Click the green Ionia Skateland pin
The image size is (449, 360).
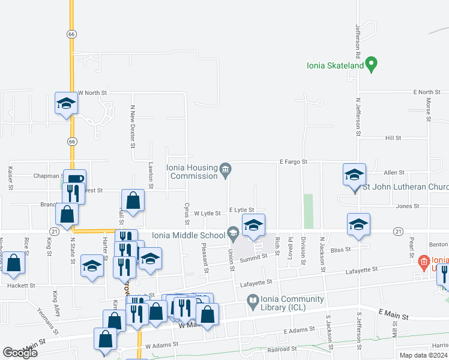click(x=372, y=64)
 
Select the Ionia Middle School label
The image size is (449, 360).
click(x=188, y=234)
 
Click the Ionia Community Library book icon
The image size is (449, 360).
click(x=253, y=299)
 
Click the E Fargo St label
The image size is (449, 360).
click(x=293, y=162)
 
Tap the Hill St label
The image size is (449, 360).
click(x=393, y=138)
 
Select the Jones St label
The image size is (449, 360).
click(x=407, y=206)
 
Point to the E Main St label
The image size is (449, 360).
click(x=393, y=316)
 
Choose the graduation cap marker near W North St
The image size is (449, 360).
click(x=67, y=103)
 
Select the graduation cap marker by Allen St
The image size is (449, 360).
click(x=354, y=175)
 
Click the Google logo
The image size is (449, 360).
click(x=20, y=353)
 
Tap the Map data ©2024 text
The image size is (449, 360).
click(x=424, y=355)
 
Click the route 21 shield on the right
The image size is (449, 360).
click(x=398, y=231)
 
